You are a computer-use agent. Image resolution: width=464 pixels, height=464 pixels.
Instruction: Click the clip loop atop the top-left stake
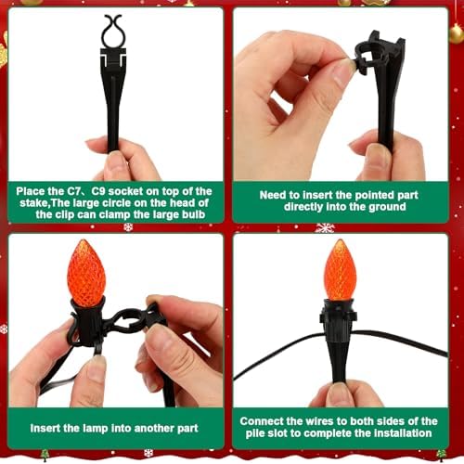coord(112,32)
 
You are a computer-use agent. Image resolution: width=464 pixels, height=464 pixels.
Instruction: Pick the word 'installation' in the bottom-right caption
coord(398,432)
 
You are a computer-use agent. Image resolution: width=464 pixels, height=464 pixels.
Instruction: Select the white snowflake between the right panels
coord(325,227)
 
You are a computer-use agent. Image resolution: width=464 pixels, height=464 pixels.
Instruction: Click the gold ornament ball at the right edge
coord(456,34)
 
